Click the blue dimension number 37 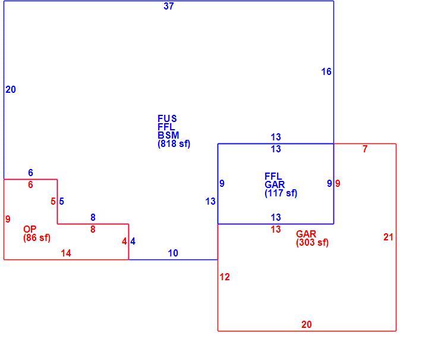(169, 6)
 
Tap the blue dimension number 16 (326, 71)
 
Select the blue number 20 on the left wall (11, 89)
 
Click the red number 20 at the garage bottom (307, 324)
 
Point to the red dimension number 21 (388, 237)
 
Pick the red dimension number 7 (365, 149)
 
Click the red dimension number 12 (225, 277)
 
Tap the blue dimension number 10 (173, 253)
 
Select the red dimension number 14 (66, 253)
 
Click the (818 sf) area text (174, 144)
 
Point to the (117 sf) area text (281, 193)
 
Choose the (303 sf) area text (312, 243)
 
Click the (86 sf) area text (37, 238)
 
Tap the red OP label (30, 229)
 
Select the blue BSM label (168, 135)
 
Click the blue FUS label (167, 118)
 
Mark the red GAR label (306, 234)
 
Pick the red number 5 (53, 201)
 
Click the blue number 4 (133, 241)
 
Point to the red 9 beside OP (8, 219)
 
